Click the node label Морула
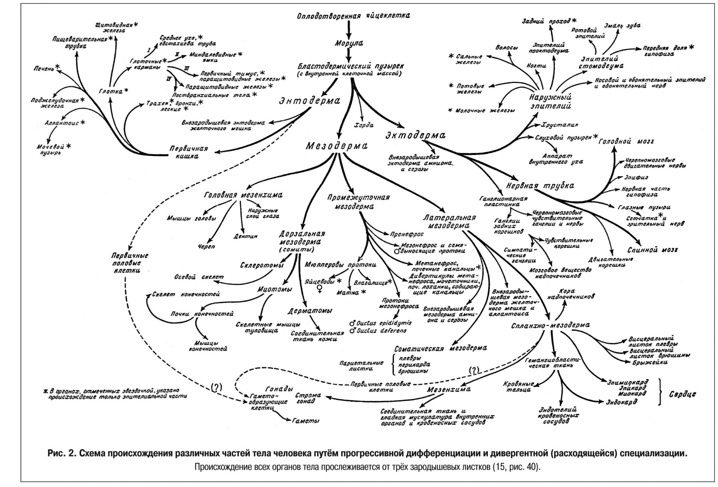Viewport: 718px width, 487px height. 349,43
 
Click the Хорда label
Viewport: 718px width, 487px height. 365,125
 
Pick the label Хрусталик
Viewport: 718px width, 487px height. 560,125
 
